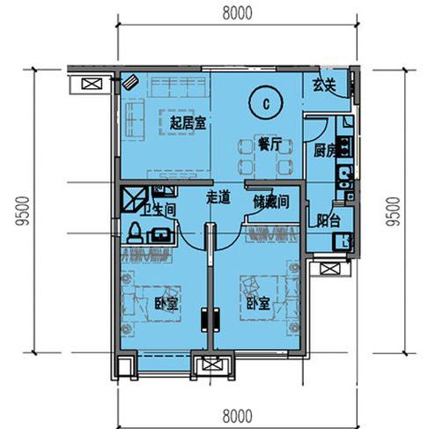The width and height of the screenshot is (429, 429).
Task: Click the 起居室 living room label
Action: [x=188, y=123]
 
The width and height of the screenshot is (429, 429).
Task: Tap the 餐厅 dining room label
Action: [x=270, y=144]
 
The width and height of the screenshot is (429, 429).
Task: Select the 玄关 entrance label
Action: [x=324, y=85]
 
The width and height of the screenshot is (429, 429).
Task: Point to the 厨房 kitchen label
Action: [x=325, y=151]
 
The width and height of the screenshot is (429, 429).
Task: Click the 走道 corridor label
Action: [x=218, y=197]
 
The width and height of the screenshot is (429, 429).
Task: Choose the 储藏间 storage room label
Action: [x=271, y=202]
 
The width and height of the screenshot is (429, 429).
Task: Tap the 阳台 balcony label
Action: [x=329, y=220]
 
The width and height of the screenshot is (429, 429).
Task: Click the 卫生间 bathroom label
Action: [x=158, y=210]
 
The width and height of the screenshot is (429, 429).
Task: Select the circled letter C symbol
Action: [x=266, y=102]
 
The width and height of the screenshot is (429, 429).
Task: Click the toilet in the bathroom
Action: [x=136, y=233]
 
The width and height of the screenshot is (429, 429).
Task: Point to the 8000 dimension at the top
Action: [x=237, y=13]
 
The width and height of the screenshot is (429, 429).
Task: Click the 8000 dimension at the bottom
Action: [x=237, y=416]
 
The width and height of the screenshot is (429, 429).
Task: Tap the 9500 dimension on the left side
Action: [x=23, y=211]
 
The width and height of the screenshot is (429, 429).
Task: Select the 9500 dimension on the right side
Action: [x=393, y=211]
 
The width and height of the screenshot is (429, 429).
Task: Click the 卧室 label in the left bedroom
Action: [x=166, y=304]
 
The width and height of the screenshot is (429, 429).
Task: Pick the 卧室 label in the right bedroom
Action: [x=258, y=303]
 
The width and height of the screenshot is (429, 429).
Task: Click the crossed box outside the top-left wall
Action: [x=92, y=84]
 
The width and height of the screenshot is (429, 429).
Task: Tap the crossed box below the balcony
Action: [x=330, y=269]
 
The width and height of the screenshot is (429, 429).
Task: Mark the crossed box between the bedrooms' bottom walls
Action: [x=212, y=365]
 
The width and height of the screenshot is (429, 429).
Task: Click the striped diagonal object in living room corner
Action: [x=130, y=82]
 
